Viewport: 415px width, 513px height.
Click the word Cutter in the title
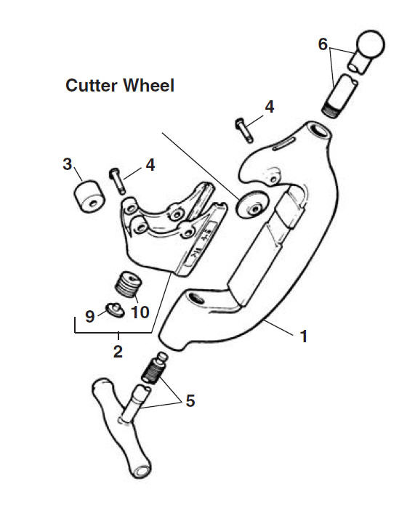[92, 86]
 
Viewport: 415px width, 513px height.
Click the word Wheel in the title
[148, 86]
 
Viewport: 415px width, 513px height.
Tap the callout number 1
[304, 336]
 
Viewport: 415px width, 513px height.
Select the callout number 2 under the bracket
[118, 352]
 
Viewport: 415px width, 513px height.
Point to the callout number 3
[67, 163]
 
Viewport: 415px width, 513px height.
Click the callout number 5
[190, 400]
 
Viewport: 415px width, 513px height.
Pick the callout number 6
[323, 44]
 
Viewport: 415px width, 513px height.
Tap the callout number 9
[89, 316]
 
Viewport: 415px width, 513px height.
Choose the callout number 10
[140, 312]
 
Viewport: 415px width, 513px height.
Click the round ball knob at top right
[370, 44]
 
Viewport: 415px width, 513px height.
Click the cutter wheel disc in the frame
[250, 205]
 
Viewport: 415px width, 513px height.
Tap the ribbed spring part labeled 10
[128, 284]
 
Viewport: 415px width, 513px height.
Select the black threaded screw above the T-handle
[154, 368]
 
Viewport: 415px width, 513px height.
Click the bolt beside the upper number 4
[244, 130]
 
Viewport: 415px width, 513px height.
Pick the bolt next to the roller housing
[116, 181]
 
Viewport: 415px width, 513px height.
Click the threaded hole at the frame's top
[318, 132]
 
